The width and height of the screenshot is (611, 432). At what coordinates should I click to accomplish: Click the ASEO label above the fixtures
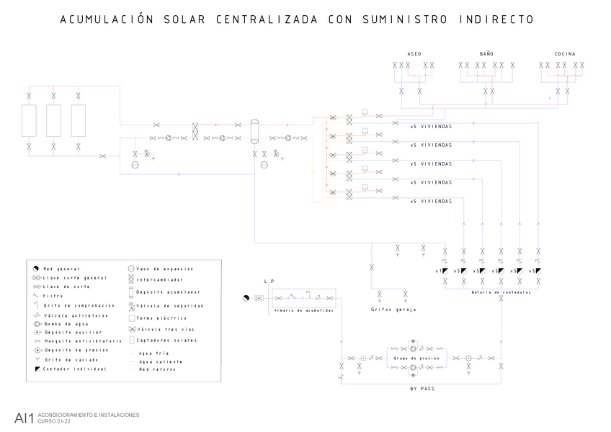[x=414, y=54]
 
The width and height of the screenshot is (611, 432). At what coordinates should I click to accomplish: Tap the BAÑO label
[x=486, y=54]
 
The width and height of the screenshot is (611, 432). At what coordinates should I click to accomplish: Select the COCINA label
[x=565, y=54]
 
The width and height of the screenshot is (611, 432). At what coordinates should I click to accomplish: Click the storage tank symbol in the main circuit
[x=254, y=130]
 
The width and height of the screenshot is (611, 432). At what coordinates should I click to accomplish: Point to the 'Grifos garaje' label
[x=393, y=310]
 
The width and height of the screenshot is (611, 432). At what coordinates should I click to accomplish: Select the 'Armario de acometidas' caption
[x=303, y=310]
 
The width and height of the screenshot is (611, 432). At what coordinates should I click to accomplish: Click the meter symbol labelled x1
[x=446, y=271]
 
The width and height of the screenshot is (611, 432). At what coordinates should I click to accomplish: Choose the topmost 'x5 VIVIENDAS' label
[x=431, y=127]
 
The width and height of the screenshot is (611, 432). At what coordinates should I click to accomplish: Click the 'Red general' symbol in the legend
[x=35, y=269]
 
